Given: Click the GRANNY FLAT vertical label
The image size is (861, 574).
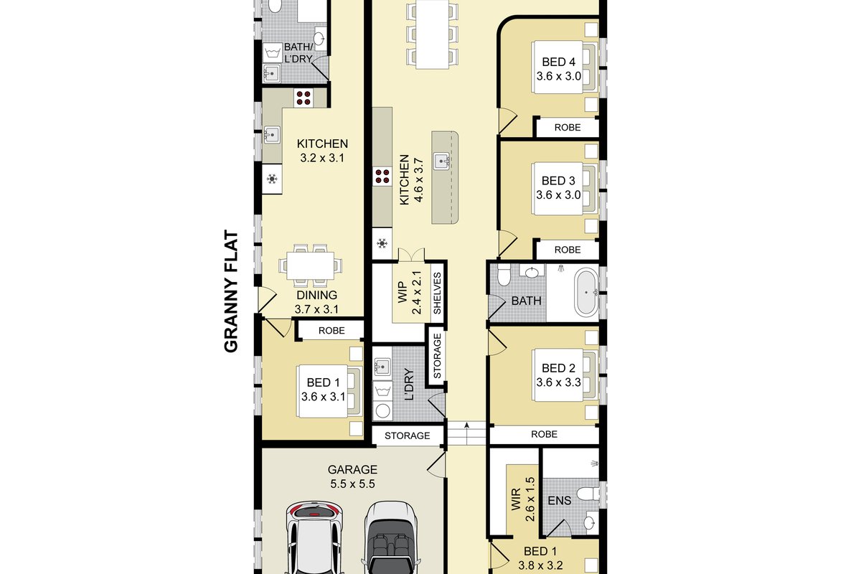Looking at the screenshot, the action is [231, 291].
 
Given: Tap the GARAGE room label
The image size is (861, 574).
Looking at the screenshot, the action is [352, 469].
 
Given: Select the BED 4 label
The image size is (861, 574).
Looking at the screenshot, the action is [558, 62].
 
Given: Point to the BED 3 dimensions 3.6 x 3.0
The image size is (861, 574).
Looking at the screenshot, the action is [558, 195].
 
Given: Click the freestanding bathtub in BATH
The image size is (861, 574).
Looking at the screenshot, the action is [587, 293].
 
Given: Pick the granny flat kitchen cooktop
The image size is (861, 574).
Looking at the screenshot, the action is [304, 98].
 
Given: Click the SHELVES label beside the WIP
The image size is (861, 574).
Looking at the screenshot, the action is [438, 293].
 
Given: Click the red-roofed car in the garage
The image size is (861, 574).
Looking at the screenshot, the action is [314, 537].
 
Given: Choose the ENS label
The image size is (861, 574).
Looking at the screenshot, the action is [559, 501].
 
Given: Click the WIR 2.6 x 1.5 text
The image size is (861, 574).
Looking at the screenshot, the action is [523, 499].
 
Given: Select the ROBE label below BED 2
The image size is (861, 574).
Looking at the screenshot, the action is [544, 434].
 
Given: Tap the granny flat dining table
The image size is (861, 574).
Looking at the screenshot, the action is [310, 265].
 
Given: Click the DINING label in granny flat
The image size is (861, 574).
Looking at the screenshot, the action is [316, 295].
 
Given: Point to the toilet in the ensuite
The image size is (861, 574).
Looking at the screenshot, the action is [589, 493].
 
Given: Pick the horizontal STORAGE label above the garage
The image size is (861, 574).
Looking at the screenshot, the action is [407, 436].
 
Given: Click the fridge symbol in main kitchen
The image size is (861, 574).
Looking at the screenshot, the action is [382, 243].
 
